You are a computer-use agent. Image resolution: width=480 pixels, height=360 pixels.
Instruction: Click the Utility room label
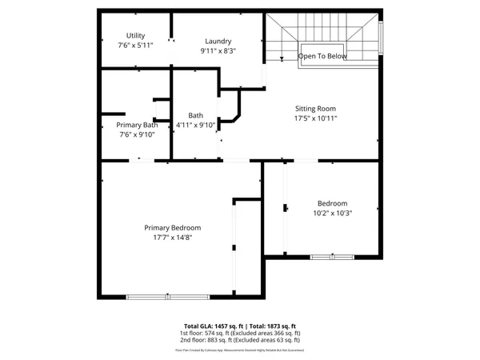tap(135, 35)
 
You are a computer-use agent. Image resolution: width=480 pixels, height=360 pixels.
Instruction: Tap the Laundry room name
tap(218, 41)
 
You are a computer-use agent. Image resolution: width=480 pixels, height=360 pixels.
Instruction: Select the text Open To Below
tap(322, 57)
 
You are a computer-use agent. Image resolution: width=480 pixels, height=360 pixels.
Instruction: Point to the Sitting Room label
tap(316, 108)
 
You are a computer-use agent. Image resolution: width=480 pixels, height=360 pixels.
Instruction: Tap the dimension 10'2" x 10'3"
tap(332, 213)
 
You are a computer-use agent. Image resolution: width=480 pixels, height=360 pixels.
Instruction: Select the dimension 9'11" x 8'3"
tap(218, 50)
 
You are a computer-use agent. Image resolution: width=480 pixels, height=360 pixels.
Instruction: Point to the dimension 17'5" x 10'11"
tap(316, 118)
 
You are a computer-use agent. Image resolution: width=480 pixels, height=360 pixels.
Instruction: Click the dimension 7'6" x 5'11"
tap(135, 46)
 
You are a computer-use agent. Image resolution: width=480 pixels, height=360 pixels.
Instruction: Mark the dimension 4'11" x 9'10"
tap(196, 125)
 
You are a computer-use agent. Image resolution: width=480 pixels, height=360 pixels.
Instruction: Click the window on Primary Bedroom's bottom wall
tap(168, 297)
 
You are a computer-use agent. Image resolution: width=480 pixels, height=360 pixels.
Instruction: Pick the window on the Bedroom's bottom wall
tap(331, 256)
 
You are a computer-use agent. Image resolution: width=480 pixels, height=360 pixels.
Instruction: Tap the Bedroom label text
tap(332, 203)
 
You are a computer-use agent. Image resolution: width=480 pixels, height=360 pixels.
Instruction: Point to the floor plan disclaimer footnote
tap(240, 350)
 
